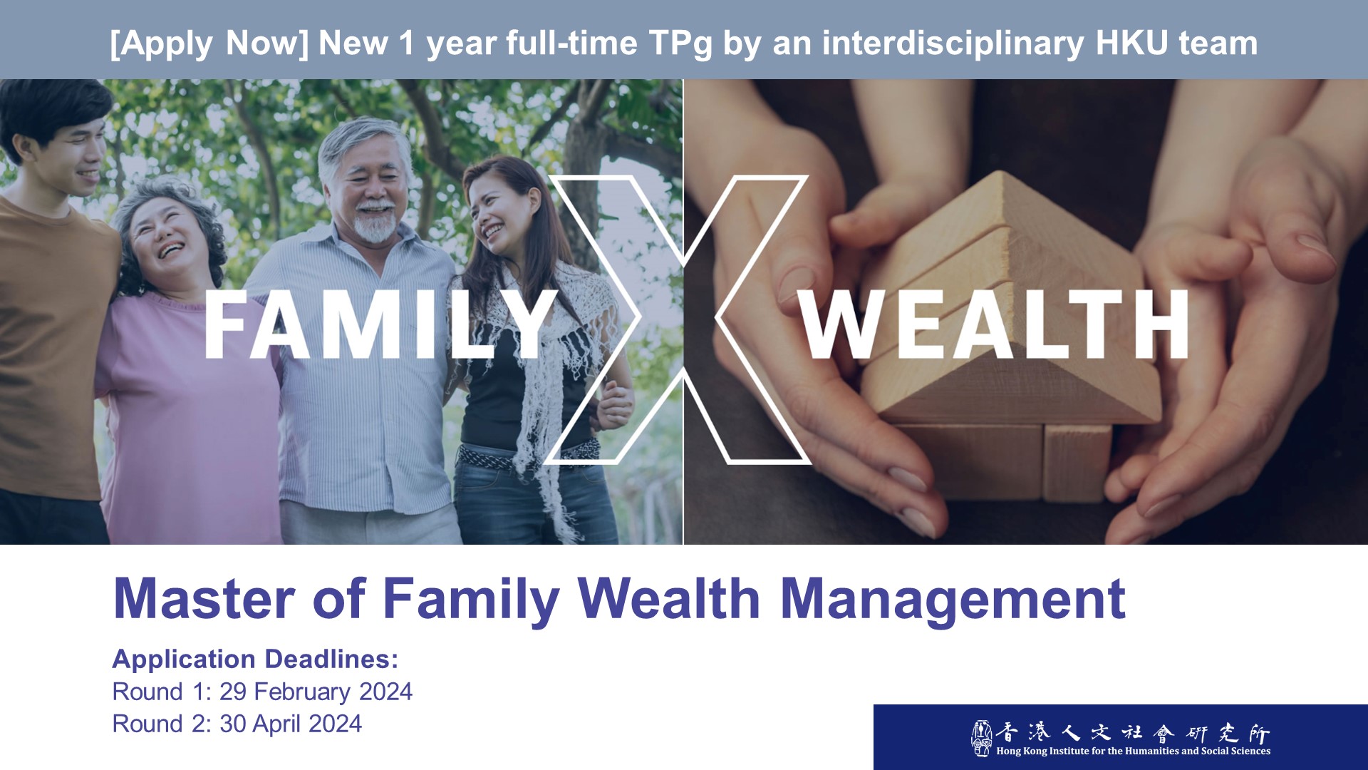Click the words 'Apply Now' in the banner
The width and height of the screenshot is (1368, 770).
click(x=209, y=43)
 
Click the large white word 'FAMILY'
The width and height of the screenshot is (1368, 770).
click(x=381, y=325)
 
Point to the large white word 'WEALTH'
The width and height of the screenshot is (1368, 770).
click(x=995, y=324)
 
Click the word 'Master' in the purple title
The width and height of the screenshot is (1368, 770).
click(x=204, y=599)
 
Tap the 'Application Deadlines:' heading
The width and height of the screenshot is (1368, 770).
click(x=255, y=659)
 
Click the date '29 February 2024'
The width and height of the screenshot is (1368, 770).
click(x=316, y=692)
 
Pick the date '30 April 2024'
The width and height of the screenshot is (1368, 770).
click(x=291, y=724)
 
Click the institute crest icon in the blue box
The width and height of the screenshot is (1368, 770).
click(x=981, y=738)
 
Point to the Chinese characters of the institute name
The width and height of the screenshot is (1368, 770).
click(x=1132, y=732)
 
